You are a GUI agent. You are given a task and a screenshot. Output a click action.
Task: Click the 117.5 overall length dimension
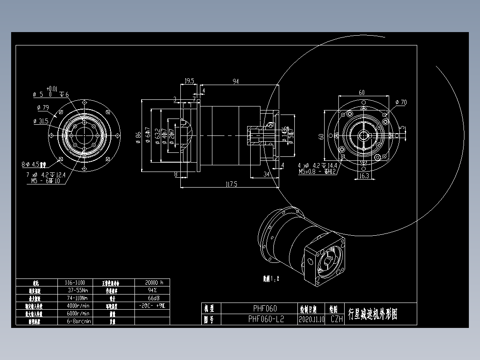tap(231, 184)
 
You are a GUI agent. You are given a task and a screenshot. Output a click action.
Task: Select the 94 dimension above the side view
tap(235, 81)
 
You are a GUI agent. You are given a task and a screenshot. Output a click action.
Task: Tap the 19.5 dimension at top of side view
tap(189, 81)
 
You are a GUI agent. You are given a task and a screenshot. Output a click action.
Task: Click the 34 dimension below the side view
tap(266, 175)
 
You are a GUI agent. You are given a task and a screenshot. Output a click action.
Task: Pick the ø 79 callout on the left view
tap(43, 107)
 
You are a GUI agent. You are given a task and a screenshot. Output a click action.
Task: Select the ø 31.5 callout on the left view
tap(41, 121)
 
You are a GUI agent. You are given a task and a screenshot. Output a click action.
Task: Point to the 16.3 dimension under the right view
tap(363, 176)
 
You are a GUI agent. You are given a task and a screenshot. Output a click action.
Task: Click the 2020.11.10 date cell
tap(312, 319)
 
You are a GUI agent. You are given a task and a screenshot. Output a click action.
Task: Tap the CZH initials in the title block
tap(336, 319)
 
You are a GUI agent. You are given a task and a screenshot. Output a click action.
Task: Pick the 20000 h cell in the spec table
tap(151, 282)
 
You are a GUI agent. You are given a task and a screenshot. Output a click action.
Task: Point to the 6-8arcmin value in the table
tap(79, 321)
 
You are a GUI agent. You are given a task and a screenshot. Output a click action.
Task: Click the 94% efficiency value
tap(151, 290)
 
